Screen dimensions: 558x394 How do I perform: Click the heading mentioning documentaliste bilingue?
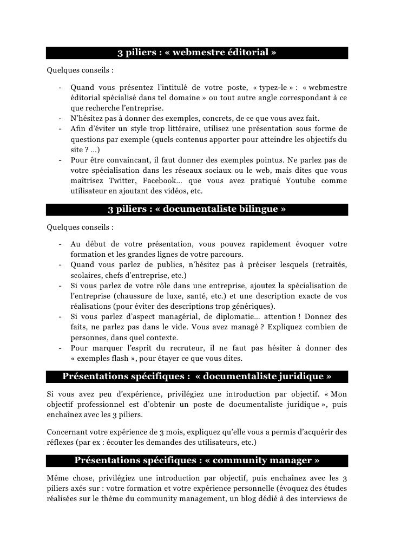click(197, 209)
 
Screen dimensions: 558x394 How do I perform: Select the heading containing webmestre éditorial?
click(197, 53)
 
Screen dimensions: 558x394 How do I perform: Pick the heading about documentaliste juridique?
click(197, 377)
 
